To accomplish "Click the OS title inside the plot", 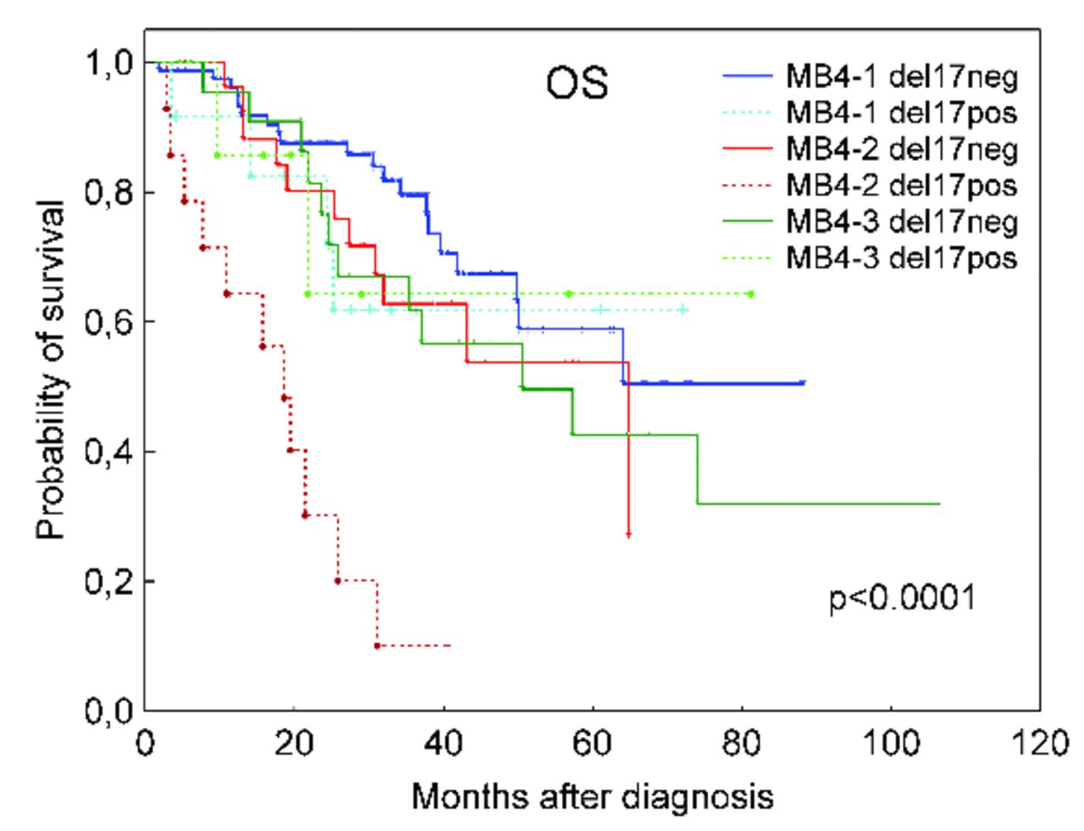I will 576,85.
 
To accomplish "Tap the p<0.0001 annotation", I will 902,599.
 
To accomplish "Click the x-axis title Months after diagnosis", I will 592,797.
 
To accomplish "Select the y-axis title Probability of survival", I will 53,371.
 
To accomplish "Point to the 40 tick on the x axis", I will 443,744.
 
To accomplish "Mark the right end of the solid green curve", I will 940,504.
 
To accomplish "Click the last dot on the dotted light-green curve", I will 751,294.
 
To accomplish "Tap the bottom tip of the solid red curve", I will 628,535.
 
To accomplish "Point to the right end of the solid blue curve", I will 804,383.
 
